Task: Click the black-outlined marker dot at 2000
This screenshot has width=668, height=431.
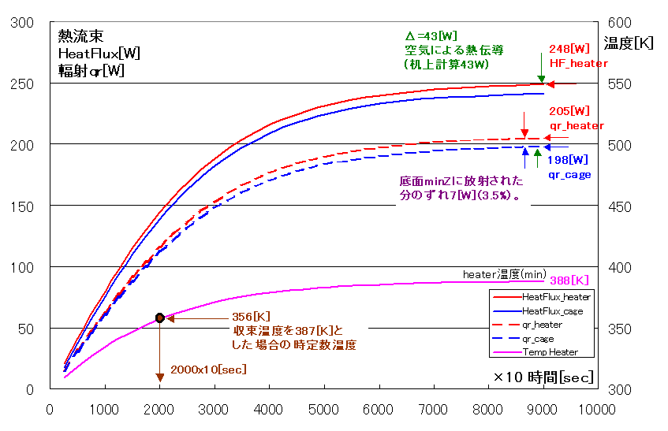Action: (x=159, y=318)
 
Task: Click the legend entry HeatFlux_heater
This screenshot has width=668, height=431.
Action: (x=556, y=297)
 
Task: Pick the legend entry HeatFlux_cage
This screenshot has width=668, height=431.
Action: (x=554, y=310)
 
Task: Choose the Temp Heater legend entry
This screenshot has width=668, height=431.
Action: (x=550, y=352)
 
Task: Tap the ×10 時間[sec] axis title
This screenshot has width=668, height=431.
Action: (x=543, y=377)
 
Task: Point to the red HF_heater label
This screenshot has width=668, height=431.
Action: (x=578, y=63)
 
